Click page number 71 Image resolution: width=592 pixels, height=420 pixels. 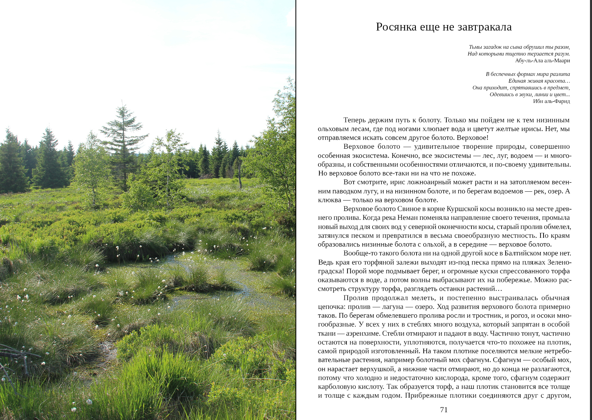click(444, 410)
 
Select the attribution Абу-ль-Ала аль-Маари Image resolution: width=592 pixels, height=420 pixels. click(542, 61)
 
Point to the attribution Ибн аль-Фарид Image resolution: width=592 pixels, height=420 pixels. click(551, 101)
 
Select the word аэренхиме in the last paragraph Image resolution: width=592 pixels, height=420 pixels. click(362, 333)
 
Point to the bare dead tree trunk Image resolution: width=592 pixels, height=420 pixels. click(240, 174)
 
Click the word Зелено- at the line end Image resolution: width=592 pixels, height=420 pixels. click(559, 262)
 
